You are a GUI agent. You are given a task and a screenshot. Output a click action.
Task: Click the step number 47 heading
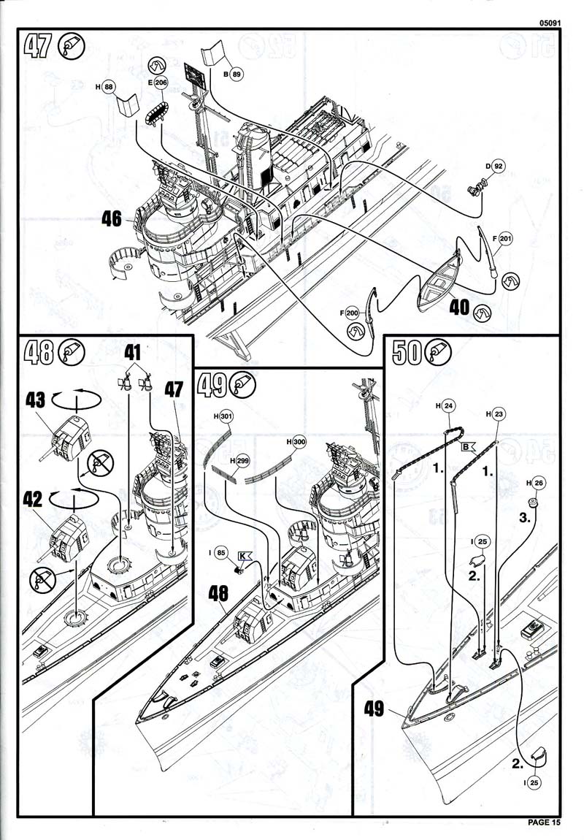(x=38, y=46)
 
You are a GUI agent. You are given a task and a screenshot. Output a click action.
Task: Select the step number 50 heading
(x=407, y=354)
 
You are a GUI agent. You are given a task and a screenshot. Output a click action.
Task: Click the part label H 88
(x=105, y=87)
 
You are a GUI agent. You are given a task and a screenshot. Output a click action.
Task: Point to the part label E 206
(x=158, y=83)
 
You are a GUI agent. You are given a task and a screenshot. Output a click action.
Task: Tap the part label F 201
(x=500, y=239)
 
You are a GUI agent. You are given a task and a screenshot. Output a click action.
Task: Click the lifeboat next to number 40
(x=438, y=280)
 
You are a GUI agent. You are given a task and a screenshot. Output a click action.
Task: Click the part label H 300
(x=296, y=443)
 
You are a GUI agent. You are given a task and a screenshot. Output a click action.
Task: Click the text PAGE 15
(x=544, y=822)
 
